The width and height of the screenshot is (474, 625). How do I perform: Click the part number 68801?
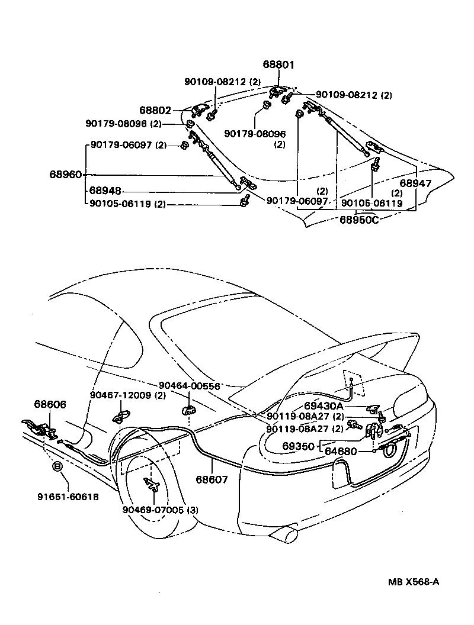[x=279, y=65]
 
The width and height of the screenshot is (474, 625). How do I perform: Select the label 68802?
[x=155, y=110]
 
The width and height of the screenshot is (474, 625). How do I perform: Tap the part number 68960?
[x=66, y=175]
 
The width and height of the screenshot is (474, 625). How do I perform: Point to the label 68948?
[x=105, y=191]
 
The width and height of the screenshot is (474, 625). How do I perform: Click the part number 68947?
[x=415, y=184]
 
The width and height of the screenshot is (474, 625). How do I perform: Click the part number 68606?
[x=50, y=405]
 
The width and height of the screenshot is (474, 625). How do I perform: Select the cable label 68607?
[x=212, y=480]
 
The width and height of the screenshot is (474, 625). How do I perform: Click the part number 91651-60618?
[x=65, y=497]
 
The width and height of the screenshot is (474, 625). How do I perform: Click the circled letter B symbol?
[x=58, y=467]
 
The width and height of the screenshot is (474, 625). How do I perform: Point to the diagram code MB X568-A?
[x=413, y=581]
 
